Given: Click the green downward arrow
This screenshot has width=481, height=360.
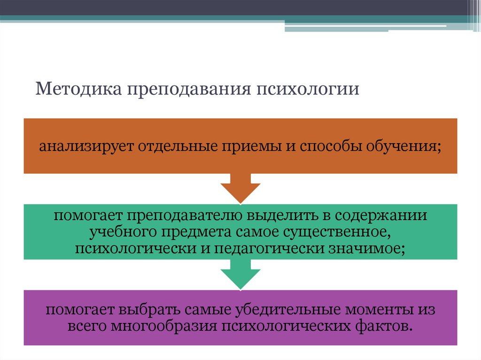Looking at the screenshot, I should (x=240, y=275).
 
